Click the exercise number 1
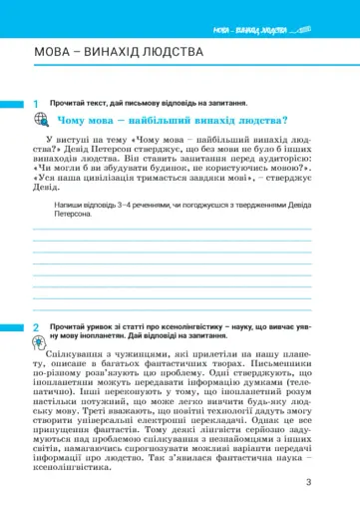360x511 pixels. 35,104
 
